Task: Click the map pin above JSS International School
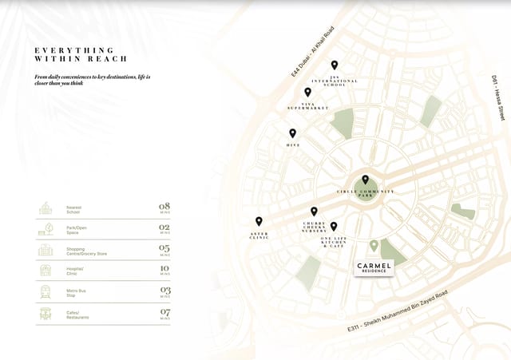335,65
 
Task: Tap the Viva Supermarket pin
307,93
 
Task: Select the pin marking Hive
292,133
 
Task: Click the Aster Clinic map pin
259,221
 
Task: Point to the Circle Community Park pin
366,180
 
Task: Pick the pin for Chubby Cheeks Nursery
314,212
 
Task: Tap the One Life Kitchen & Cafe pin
334,227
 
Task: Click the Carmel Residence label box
373,267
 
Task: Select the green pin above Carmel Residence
374,246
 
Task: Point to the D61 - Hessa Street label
498,100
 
